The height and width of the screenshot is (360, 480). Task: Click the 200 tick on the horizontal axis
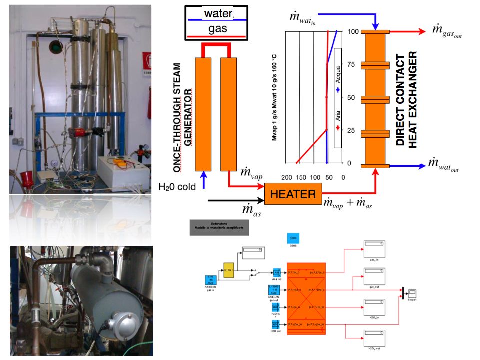(287, 177)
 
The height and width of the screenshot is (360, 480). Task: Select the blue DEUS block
(293, 239)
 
